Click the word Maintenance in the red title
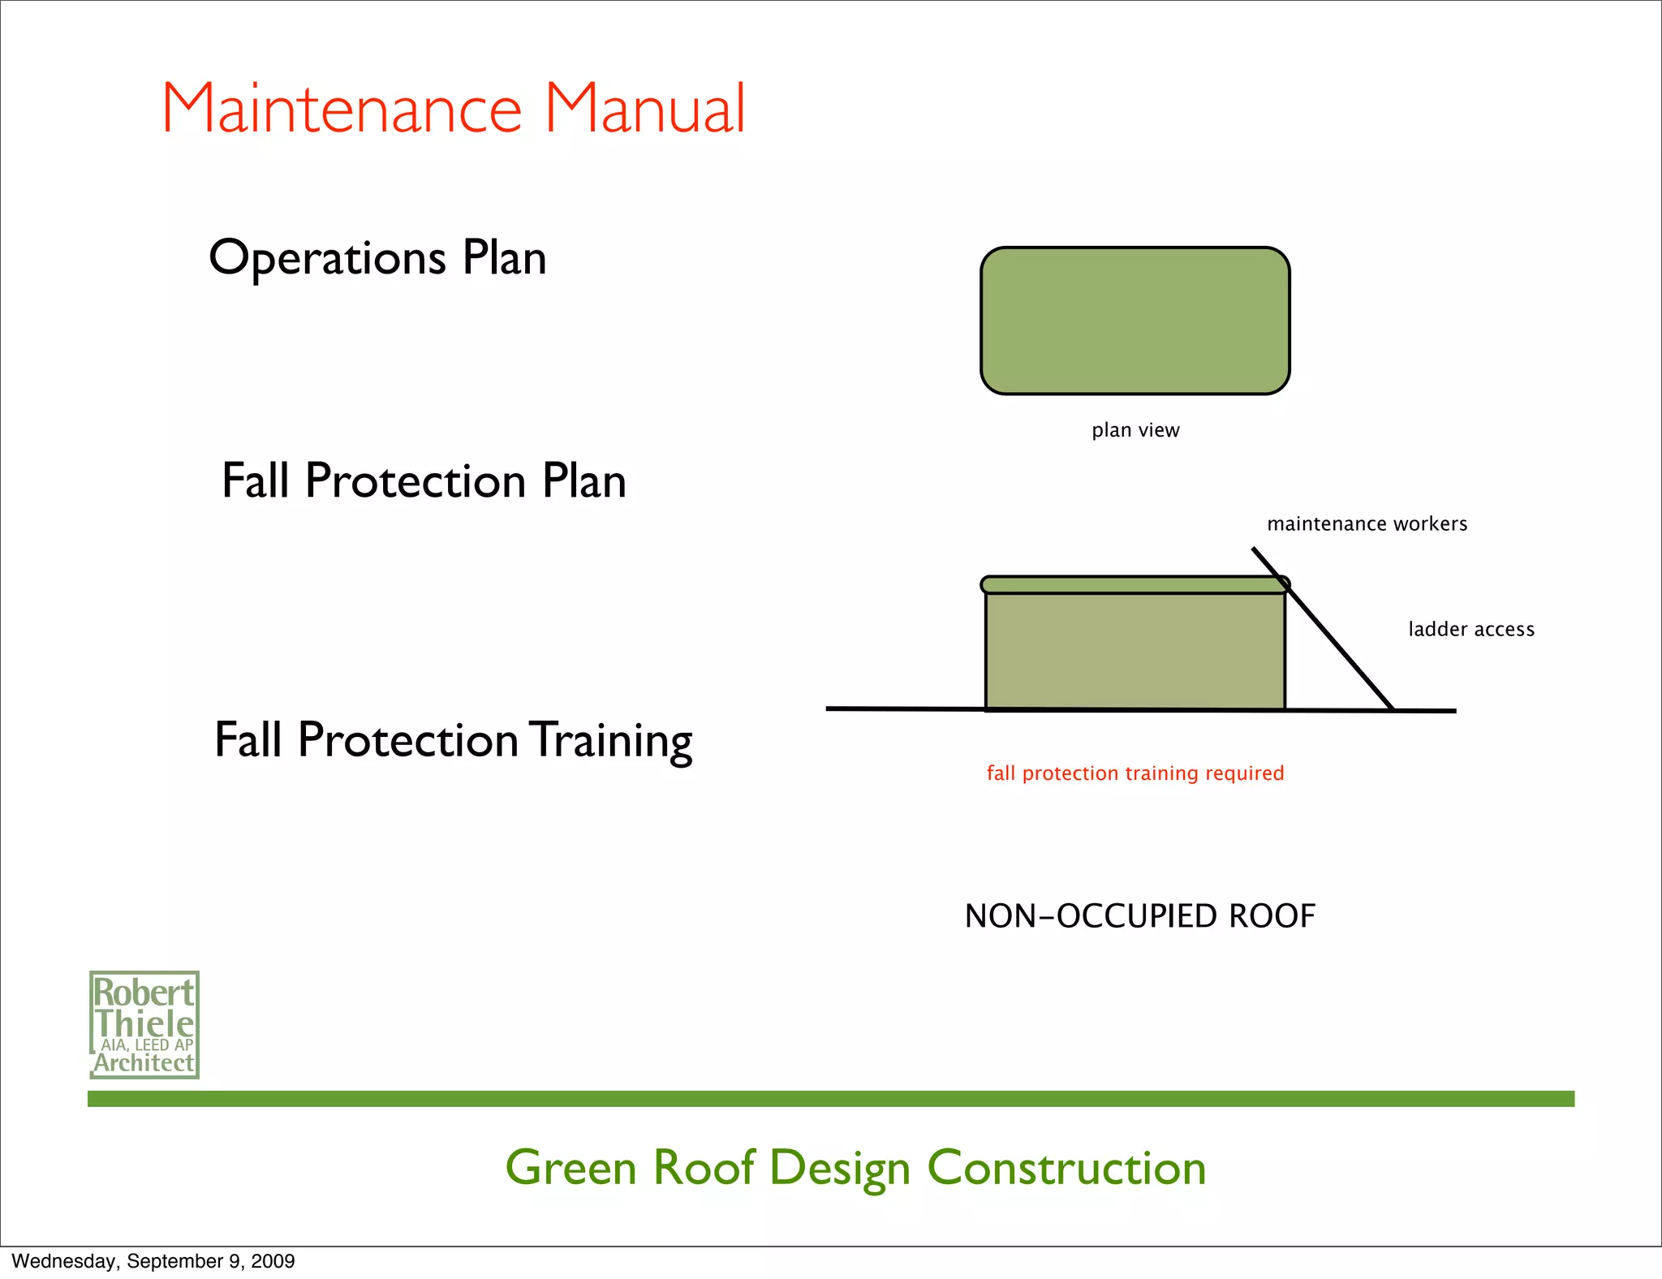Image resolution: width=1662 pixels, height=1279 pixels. tap(342, 109)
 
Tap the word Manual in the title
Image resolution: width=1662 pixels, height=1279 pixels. tap(644, 109)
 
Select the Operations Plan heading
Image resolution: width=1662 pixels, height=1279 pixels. tap(377, 259)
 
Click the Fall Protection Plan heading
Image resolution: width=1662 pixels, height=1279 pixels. tap(424, 481)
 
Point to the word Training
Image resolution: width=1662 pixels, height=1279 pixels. tap(612, 741)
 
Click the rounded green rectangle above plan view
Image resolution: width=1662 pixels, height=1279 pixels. tap(1135, 321)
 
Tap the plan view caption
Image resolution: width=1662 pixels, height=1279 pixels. tap(1135, 430)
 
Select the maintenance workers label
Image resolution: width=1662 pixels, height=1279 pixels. tap(1367, 524)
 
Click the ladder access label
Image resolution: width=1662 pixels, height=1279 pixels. tap(1470, 630)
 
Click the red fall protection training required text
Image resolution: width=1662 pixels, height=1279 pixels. tap(1135, 773)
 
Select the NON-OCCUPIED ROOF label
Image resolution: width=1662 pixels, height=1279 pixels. tap(1139, 916)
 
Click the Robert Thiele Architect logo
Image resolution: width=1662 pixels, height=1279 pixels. tap(144, 1025)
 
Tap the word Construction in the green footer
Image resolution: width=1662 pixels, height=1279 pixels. tap(1066, 1169)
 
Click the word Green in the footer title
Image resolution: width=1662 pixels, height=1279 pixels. tap(571, 1169)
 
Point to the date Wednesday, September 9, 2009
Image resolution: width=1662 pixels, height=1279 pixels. tap(153, 1261)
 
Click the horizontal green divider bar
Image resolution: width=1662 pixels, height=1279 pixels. tap(831, 1099)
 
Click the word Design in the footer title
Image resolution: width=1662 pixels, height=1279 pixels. tap(839, 1169)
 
